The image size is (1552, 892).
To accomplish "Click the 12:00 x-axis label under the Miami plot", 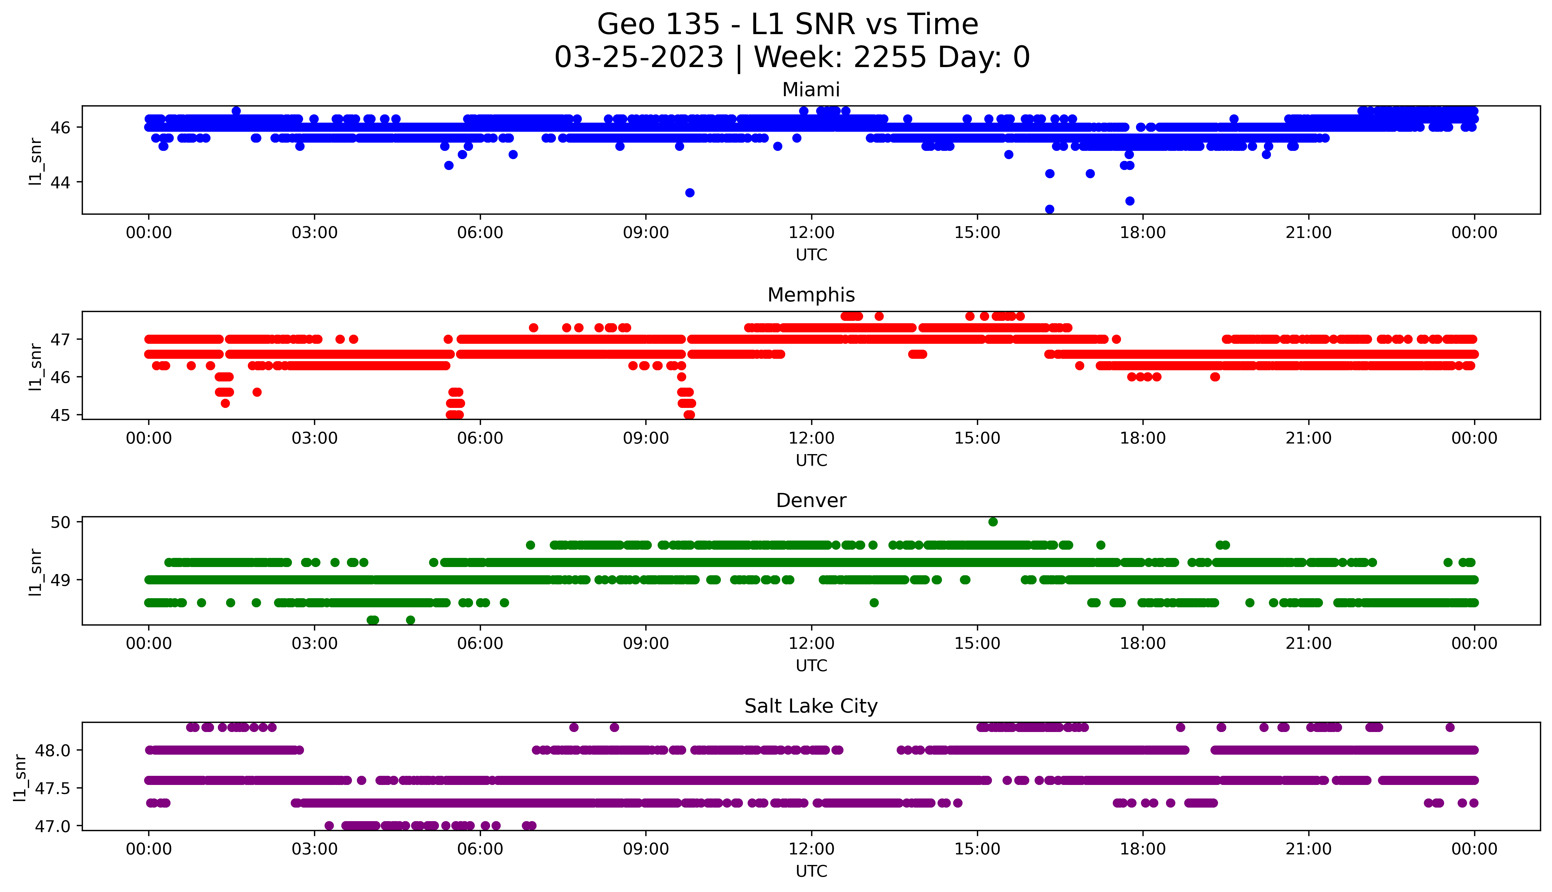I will pos(811,233).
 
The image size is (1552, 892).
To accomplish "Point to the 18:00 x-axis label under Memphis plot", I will pos(1142,438).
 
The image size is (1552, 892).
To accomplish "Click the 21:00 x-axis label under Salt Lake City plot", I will pos(1308,849).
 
